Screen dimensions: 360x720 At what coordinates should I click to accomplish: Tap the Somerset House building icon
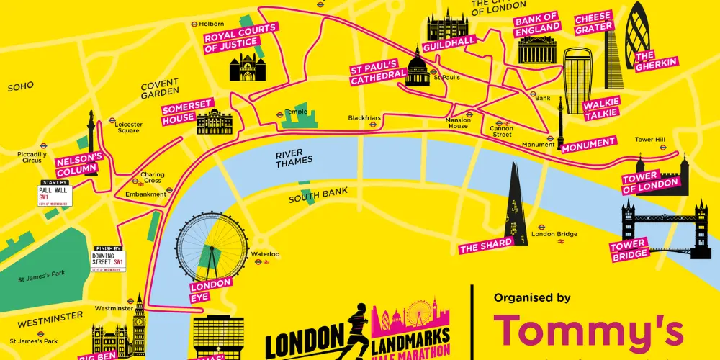point(214,123)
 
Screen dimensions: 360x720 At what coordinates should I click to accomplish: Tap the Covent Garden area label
point(160,89)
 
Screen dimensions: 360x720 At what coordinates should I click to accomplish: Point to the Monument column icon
point(560,122)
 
